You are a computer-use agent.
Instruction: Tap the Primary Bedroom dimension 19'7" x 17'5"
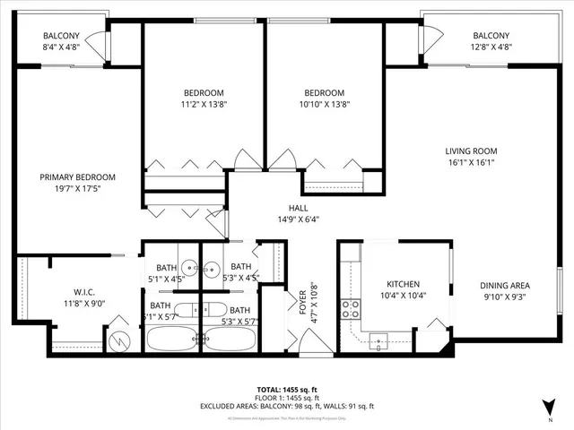tap(77, 189)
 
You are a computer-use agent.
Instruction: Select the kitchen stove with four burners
tap(351, 309)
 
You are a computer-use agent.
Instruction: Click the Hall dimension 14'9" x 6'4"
tap(286, 217)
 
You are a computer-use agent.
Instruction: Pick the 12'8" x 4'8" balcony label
tap(491, 49)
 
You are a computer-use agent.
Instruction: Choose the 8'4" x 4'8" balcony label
tap(61, 49)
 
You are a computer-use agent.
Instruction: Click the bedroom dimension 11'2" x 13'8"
tap(204, 105)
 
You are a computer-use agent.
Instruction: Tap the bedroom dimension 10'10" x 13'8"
tap(323, 105)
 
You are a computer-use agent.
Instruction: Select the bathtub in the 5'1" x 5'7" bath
tap(171, 340)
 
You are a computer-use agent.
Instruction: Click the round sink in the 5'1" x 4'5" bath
tap(190, 267)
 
